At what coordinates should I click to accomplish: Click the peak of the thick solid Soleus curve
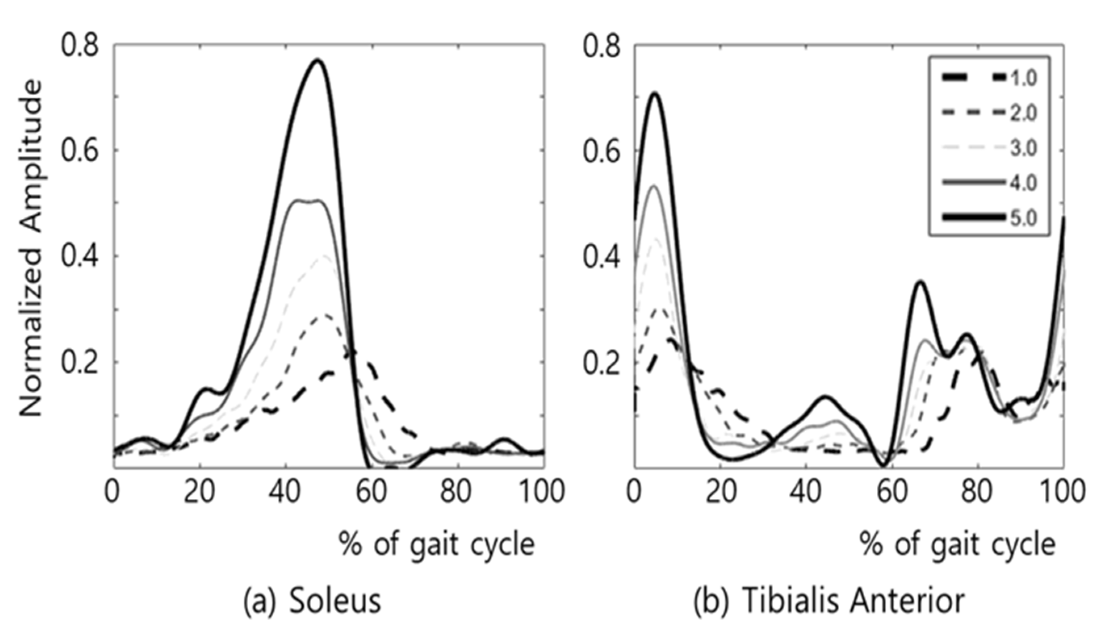[318, 61]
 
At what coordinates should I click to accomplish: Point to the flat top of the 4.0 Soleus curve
[308, 201]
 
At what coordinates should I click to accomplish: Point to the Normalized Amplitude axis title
[31, 248]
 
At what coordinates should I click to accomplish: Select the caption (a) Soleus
[312, 602]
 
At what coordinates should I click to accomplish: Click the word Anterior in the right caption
[905, 602]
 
